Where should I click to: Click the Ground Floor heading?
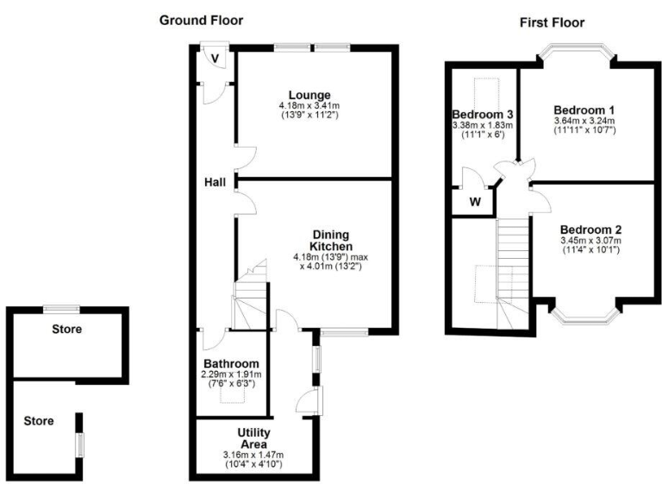coord(201,20)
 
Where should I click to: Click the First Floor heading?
coord(553,22)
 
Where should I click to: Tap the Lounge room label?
coord(309,95)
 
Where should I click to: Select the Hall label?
coord(215,182)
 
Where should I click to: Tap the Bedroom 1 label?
coord(584,110)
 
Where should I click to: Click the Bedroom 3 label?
coord(483,115)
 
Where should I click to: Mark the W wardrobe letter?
coord(475,203)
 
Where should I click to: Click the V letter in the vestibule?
coord(214,58)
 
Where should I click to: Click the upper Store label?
coord(66,329)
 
